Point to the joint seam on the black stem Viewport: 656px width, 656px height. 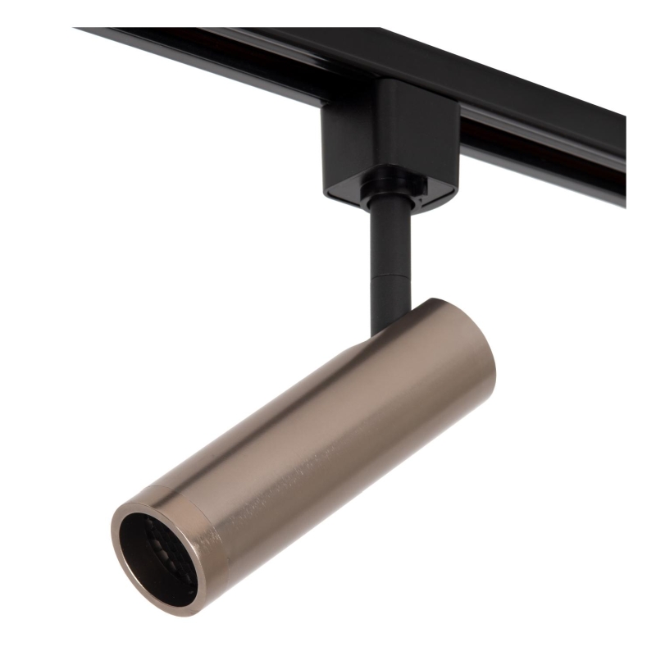(x=385, y=276)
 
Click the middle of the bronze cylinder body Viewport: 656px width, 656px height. (x=328, y=443)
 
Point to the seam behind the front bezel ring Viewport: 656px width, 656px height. (x=209, y=525)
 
